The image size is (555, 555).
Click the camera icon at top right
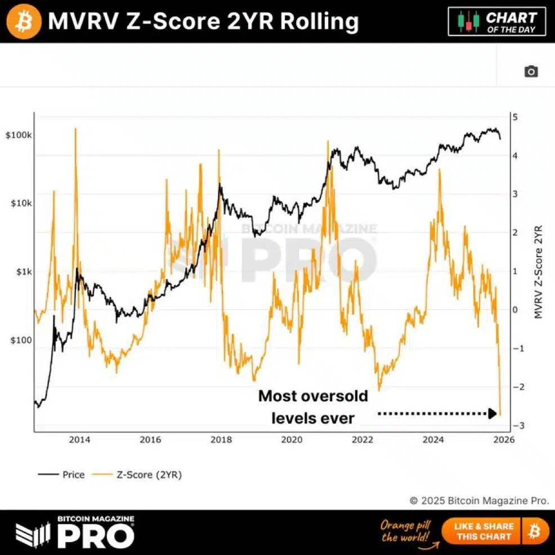click(531, 71)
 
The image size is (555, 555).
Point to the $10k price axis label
click(20, 203)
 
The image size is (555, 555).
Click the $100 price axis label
click(21, 340)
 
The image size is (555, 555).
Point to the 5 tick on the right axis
click(515, 117)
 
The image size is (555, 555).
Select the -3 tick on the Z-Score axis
click(513, 426)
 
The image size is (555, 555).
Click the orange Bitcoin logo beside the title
click(23, 21)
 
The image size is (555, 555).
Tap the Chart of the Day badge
click(497, 21)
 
